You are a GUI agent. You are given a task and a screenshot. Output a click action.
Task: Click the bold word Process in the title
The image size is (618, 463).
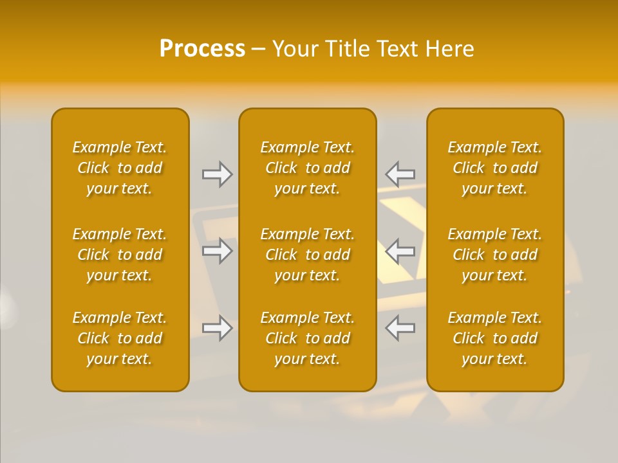click(x=202, y=49)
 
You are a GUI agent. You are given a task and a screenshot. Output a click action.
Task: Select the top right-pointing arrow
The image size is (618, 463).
click(x=218, y=174)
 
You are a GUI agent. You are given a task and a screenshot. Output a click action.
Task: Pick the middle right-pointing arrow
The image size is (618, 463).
click(x=218, y=251)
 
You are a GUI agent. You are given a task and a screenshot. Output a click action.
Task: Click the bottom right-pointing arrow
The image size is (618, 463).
click(x=218, y=328)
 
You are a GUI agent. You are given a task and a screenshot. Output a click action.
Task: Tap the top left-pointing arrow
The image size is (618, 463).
click(x=400, y=174)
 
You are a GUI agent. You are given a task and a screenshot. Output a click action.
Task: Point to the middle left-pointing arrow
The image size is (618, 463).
click(x=400, y=251)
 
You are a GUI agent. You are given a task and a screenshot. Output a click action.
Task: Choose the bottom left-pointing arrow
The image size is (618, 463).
click(x=400, y=328)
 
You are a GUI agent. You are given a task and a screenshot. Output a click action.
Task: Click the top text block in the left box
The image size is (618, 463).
click(x=120, y=168)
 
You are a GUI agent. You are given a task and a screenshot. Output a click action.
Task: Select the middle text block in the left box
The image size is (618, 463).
click(x=120, y=255)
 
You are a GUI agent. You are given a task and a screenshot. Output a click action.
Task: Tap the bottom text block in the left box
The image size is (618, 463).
click(x=120, y=338)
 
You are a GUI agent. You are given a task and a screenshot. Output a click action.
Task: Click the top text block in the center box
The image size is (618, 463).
click(x=308, y=168)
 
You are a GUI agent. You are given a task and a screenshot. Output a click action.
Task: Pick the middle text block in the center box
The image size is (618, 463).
click(x=308, y=255)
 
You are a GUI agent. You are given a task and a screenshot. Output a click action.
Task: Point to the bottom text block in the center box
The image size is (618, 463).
click(x=308, y=338)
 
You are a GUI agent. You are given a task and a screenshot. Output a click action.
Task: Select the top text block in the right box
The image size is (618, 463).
click(x=495, y=168)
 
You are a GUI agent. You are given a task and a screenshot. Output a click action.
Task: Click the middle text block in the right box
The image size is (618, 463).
click(x=495, y=255)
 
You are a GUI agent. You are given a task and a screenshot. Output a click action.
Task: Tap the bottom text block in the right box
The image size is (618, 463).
click(x=495, y=338)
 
